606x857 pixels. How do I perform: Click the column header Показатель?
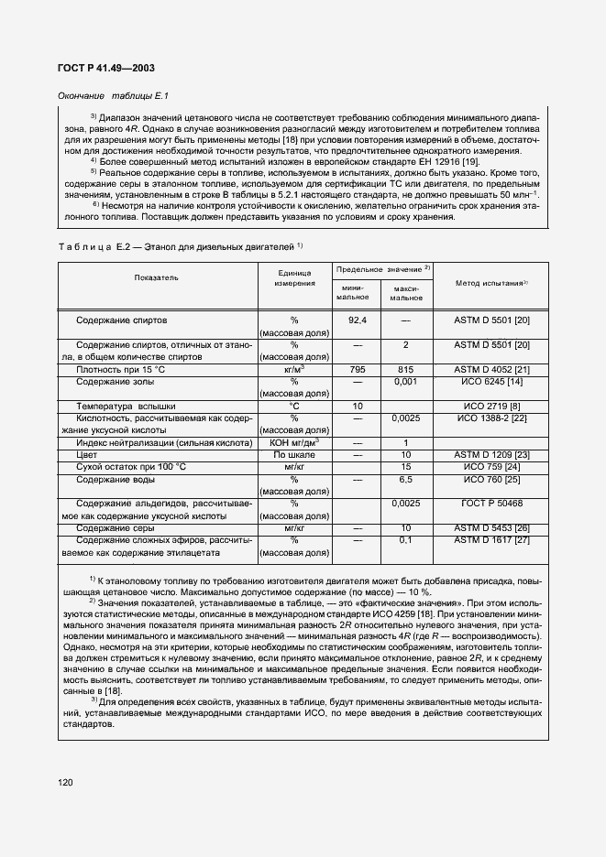[156, 277]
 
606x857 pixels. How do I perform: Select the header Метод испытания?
[491, 282]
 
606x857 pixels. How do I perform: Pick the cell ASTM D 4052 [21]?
[491, 369]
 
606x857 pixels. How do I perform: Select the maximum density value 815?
[405, 369]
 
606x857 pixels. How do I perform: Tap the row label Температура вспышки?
[126, 405]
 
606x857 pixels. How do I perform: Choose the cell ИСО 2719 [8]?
[491, 405]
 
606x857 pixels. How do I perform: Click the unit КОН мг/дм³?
[294, 442]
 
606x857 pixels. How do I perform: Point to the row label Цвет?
[86, 454]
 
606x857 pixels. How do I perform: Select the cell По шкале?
[294, 454]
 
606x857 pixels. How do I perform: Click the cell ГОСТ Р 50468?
[491, 503]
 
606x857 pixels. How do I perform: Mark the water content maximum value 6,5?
[405, 479]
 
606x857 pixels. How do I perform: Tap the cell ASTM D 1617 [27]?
[491, 540]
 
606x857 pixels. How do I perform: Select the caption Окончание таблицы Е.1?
[115, 95]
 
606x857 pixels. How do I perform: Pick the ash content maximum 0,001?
[405, 381]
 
